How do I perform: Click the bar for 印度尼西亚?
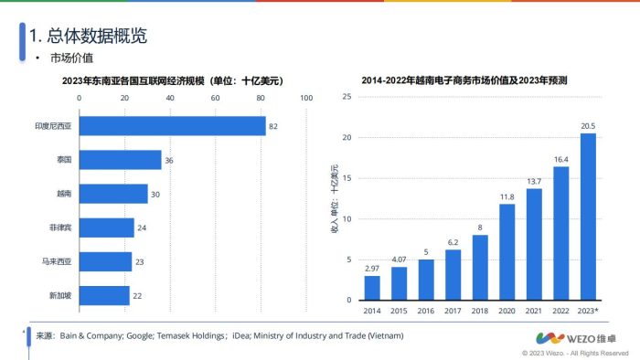(x=172, y=126)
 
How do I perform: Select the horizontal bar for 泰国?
(x=120, y=160)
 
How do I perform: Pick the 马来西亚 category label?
(x=59, y=261)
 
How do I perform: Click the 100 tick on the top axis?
(x=305, y=98)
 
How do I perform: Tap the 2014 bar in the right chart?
(x=372, y=287)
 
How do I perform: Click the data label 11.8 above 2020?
(x=507, y=196)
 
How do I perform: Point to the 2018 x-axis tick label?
(x=480, y=311)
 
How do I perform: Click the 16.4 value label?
(x=560, y=159)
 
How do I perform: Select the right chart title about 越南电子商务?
(x=464, y=80)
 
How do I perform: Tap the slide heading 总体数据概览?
(x=89, y=37)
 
